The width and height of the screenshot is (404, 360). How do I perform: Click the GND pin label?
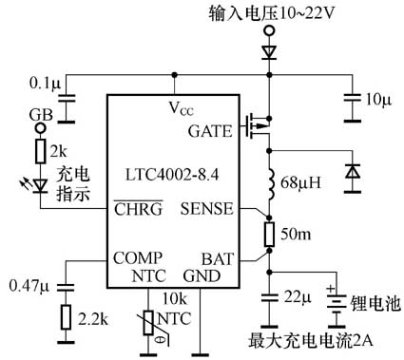pyautogui.click(x=202, y=276)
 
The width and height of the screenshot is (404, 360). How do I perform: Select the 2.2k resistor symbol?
pyautogui.click(x=67, y=315)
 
